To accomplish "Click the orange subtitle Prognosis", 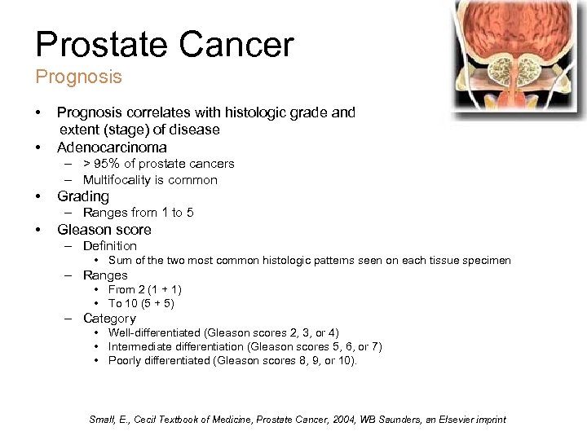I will tap(78, 77).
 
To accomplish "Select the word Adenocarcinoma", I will tap(112, 147).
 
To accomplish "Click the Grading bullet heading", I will tap(82, 196).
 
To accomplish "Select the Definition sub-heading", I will tap(110, 246).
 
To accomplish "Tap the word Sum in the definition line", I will tap(120, 261).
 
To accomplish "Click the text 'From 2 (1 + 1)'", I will tap(145, 289).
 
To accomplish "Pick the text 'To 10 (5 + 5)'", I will tap(142, 303).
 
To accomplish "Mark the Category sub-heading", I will tap(109, 319).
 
